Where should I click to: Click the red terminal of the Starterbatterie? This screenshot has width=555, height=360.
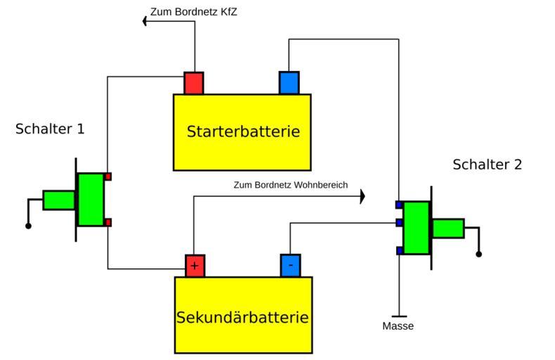click(194, 83)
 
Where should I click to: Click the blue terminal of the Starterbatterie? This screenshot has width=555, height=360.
click(289, 83)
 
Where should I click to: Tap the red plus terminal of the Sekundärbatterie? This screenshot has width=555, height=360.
click(195, 265)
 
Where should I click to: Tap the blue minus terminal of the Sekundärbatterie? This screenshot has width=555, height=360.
click(290, 265)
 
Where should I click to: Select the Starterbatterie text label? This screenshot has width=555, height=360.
click(243, 131)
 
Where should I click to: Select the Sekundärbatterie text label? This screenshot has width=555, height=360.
click(242, 316)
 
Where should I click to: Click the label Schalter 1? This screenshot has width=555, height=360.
click(50, 129)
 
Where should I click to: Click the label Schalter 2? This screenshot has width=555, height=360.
click(487, 165)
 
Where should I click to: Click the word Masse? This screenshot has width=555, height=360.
click(398, 326)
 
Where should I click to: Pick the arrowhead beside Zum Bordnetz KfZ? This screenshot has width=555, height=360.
click(145, 21)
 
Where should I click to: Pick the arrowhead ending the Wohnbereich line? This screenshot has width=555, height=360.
click(363, 196)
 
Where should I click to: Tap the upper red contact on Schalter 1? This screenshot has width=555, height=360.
click(107, 177)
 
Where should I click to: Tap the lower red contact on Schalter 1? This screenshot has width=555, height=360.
click(107, 222)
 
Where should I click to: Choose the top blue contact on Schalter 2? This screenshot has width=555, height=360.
click(399, 205)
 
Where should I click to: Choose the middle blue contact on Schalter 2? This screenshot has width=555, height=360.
click(399, 223)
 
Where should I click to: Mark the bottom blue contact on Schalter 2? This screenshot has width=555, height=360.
click(399, 250)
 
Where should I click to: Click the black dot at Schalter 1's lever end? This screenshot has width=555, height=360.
click(28, 226)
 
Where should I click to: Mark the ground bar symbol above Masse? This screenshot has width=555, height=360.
click(399, 316)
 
